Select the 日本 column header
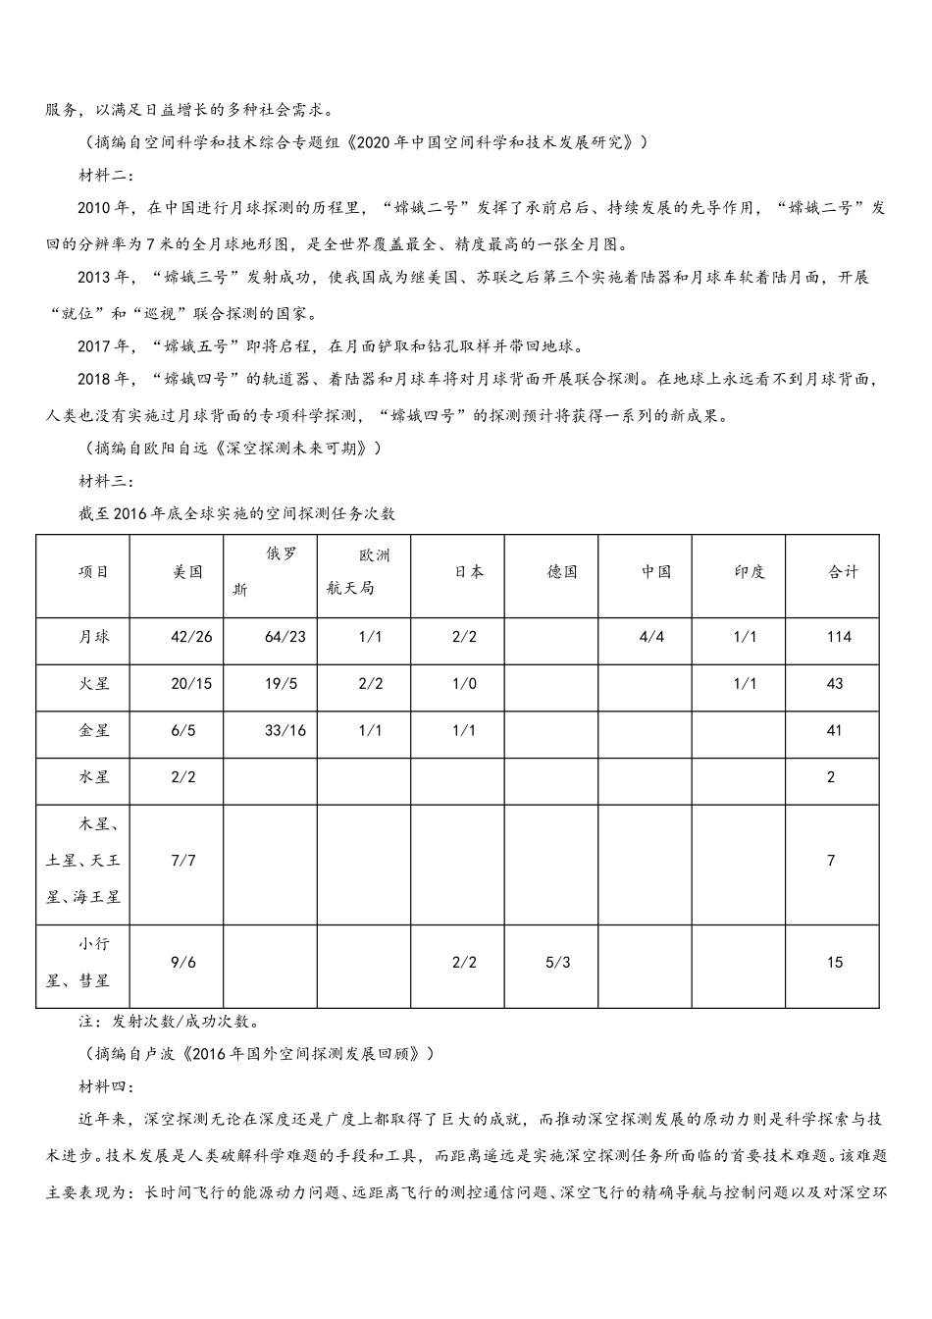click(x=468, y=572)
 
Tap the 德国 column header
click(x=561, y=572)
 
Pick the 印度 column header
click(x=750, y=572)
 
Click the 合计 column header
click(x=842, y=572)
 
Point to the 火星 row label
click(x=94, y=683)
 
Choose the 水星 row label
click(x=94, y=776)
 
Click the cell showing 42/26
click(x=191, y=637)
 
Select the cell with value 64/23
click(x=285, y=637)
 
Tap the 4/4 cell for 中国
click(x=651, y=637)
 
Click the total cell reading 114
click(x=839, y=637)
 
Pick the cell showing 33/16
click(x=285, y=730)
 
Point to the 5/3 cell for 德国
click(x=557, y=962)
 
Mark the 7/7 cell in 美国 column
click(x=183, y=861)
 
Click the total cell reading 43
click(x=835, y=683)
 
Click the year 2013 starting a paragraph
click(x=96, y=278)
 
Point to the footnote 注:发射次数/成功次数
click(x=168, y=1021)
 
